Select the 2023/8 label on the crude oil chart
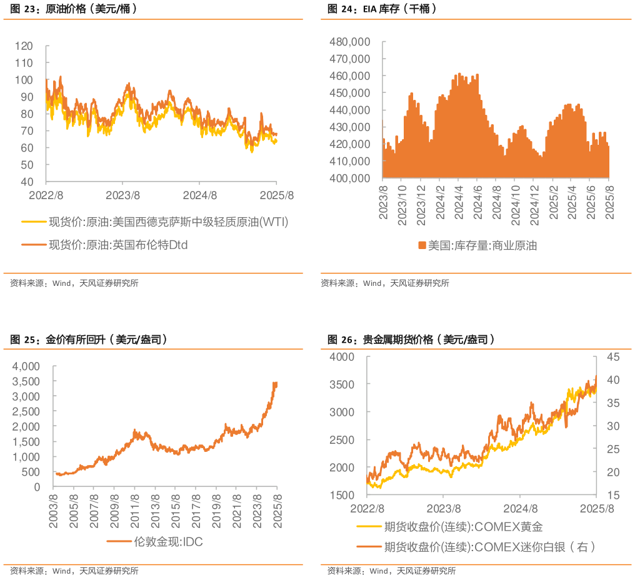(x=122, y=195)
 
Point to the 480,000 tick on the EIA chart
(x=351, y=42)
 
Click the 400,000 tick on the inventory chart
(x=351, y=178)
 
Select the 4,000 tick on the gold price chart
(x=26, y=366)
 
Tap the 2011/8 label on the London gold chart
(x=135, y=512)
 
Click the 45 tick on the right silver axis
(x=612, y=356)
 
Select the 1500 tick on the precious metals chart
(x=342, y=495)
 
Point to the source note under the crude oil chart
(x=74, y=283)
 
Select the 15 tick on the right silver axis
(x=612, y=495)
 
